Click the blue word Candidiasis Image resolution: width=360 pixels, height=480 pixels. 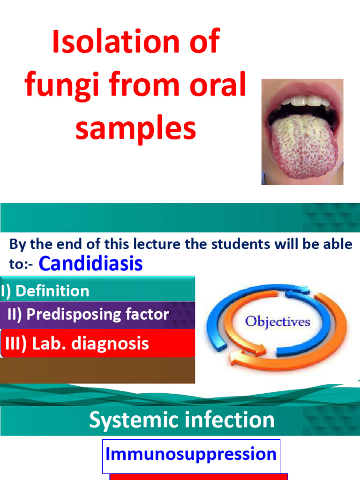(x=90, y=263)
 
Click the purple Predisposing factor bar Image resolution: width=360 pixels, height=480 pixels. (x=97, y=314)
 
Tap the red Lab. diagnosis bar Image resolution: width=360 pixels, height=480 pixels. (x=97, y=343)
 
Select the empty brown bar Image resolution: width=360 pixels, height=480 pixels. (x=97, y=370)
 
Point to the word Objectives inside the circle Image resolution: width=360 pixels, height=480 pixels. (x=278, y=322)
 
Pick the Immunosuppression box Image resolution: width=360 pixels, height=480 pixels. (x=191, y=454)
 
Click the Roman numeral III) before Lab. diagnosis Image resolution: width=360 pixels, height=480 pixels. (x=16, y=344)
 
